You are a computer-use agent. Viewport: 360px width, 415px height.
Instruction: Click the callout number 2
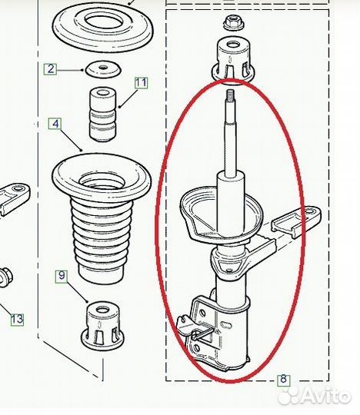coord(50,69)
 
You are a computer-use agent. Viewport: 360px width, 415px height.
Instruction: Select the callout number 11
coord(141,83)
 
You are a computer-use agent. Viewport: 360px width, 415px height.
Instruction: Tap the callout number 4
coord(55,124)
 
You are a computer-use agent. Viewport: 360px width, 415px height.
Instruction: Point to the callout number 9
coord(62,276)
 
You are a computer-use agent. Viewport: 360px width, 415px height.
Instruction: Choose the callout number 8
coord(283,380)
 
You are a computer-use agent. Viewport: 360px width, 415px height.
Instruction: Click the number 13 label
coord(17,319)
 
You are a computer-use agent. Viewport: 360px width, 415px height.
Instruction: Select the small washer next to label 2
coord(103,69)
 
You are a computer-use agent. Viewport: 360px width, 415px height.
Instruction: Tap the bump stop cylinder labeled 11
coord(103,114)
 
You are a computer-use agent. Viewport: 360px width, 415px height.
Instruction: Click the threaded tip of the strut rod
coord(231,94)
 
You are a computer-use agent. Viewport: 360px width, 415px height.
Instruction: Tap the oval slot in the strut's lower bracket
coord(226,324)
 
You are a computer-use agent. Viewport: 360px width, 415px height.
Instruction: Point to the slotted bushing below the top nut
coord(234,60)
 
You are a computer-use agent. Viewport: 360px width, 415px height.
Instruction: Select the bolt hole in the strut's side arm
coord(309,211)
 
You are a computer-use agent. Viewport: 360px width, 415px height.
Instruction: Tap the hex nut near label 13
coord(5,277)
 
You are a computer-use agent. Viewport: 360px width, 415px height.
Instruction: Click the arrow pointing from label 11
coord(128,98)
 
